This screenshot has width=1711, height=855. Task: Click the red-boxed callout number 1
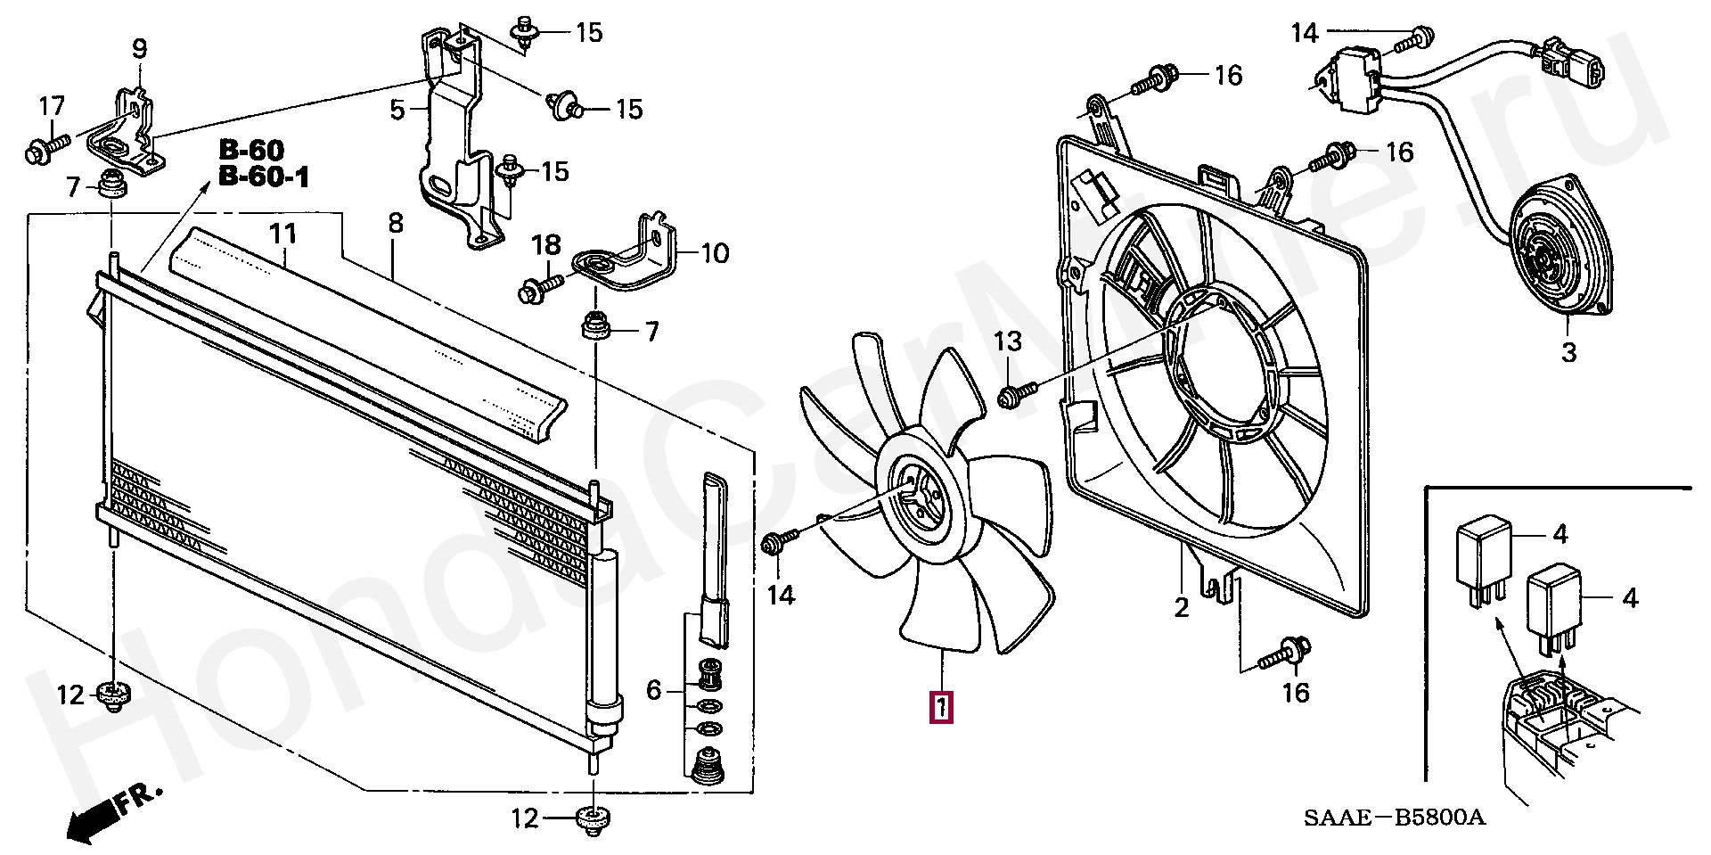point(941,706)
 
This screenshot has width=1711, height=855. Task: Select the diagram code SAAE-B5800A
point(1396,818)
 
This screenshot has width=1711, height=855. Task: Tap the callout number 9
point(139,48)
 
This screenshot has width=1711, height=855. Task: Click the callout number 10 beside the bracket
point(715,254)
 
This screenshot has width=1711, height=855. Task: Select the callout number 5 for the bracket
point(397,111)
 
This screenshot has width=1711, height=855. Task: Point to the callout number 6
point(653,689)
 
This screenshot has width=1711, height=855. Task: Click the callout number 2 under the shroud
point(1182,608)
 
